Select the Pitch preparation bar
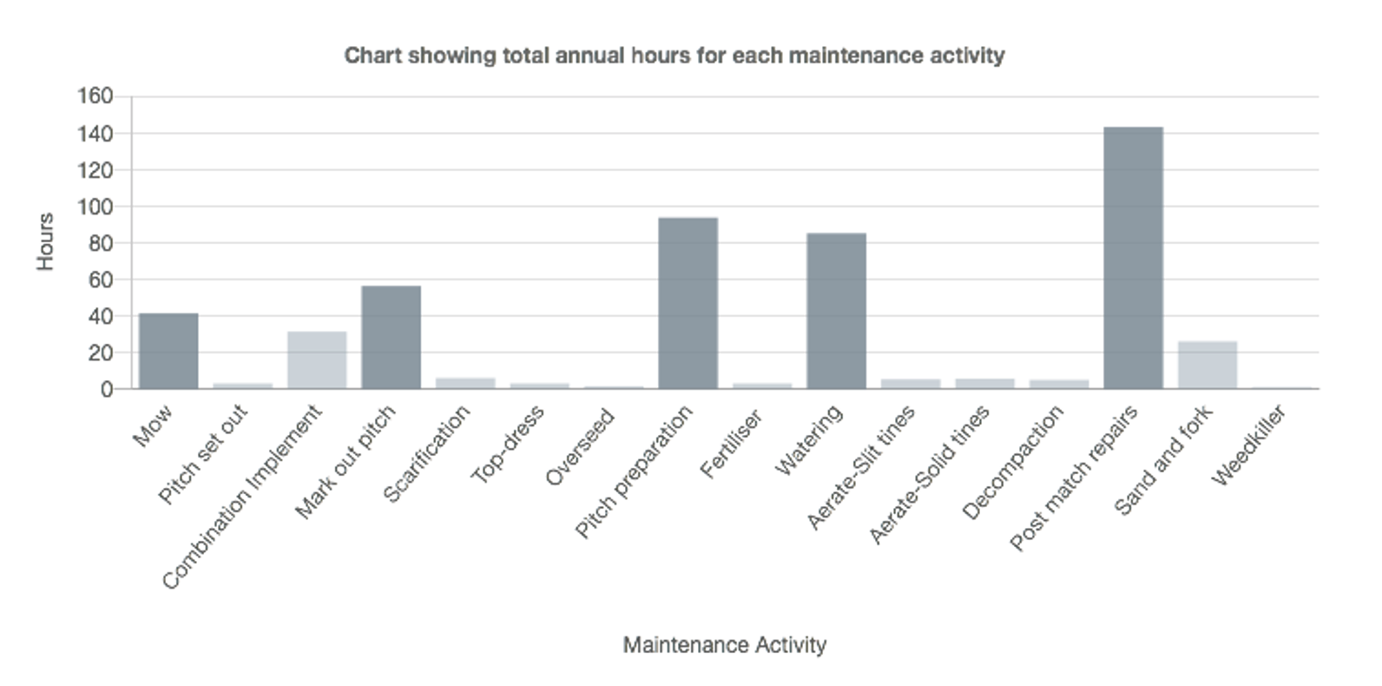(688, 303)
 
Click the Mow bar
(168, 351)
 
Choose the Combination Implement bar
(317, 359)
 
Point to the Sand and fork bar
(1207, 365)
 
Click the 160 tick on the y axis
(95, 96)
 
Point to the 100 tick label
(95, 207)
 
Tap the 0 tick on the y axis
(106, 389)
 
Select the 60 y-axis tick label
(100, 280)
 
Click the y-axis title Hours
(45, 242)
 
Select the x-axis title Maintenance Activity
(724, 645)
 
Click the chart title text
(675, 56)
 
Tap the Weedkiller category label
(1248, 445)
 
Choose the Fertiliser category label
(731, 444)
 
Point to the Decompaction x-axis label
(1013, 462)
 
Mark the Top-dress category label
(508, 444)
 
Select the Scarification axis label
(426, 453)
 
